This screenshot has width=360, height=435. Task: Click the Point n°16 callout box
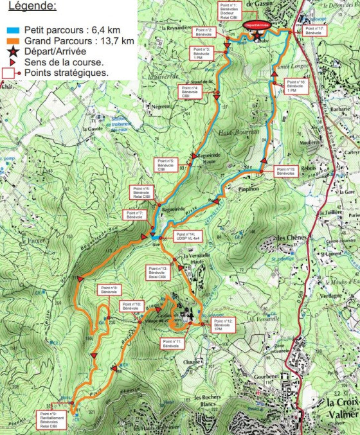[x=291, y=87]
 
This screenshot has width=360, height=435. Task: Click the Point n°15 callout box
[x=285, y=172]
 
